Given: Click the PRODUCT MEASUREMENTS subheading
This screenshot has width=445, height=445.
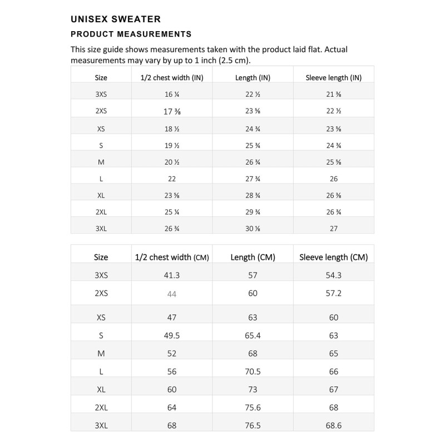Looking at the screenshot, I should pyautogui.click(x=131, y=34).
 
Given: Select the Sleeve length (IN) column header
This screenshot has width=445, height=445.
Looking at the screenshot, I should pyautogui.click(x=333, y=78).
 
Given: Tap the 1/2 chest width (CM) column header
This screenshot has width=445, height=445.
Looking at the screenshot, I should pyautogui.click(x=172, y=258).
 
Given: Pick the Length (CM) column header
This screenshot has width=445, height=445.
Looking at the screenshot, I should pyautogui.click(x=253, y=258).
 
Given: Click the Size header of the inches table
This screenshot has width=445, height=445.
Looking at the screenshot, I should pyautogui.click(x=101, y=78).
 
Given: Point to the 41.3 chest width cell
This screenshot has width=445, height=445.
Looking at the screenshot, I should pyautogui.click(x=172, y=275).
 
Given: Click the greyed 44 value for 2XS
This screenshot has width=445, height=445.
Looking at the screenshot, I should pyautogui.click(x=172, y=294).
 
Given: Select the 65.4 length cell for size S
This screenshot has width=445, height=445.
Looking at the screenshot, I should pyautogui.click(x=253, y=335).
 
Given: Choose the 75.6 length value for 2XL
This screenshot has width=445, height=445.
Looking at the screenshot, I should pyautogui.click(x=253, y=408).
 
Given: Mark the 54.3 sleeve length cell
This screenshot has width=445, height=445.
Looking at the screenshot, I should pyautogui.click(x=333, y=275).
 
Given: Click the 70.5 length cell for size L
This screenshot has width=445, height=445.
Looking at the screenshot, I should pyautogui.click(x=253, y=371).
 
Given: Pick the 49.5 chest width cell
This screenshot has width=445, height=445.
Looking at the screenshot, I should pyautogui.click(x=172, y=335).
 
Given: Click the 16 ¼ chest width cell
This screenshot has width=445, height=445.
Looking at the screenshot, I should pyautogui.click(x=172, y=95).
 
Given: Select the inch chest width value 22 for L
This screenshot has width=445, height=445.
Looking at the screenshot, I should pyautogui.click(x=172, y=179).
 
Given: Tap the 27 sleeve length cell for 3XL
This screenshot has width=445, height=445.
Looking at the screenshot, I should pyautogui.click(x=333, y=229).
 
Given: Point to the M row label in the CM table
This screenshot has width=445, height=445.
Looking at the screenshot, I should pyautogui.click(x=101, y=353).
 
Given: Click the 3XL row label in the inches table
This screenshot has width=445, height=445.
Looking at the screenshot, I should pyautogui.click(x=101, y=229).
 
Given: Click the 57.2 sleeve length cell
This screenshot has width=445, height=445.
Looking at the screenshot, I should pyautogui.click(x=333, y=293).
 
